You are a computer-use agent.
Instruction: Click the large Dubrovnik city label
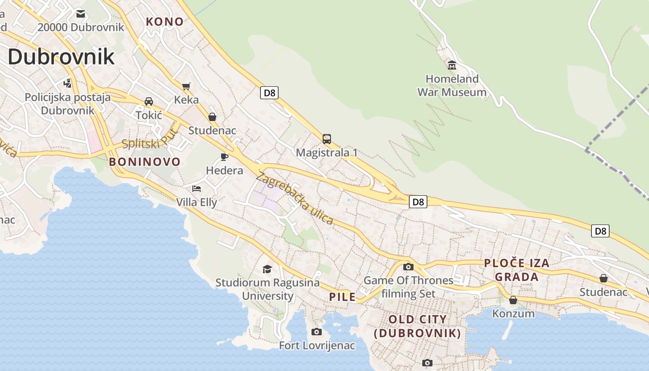[61, 57]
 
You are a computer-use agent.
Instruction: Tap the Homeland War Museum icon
[452, 65]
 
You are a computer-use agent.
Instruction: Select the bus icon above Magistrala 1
[327, 139]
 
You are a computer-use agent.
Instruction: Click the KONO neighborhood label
[165, 21]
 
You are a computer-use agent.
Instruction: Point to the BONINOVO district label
[145, 162]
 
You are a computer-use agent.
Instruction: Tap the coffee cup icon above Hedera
[224, 157]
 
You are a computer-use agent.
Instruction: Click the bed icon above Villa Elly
[197, 188]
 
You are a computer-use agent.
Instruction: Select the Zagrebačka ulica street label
[295, 198]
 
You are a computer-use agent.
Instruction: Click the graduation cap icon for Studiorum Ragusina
[267, 269]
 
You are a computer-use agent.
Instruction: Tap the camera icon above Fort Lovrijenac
[317, 332]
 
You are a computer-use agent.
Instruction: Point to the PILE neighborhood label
[343, 297]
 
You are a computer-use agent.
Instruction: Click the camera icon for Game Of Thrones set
[408, 267]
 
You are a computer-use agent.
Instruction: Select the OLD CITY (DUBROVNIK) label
[417, 326]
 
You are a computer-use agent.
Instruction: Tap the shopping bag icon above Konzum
[513, 300]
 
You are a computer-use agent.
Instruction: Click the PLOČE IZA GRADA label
[517, 270]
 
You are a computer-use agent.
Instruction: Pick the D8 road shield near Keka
[269, 93]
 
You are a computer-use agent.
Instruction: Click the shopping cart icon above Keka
[186, 86]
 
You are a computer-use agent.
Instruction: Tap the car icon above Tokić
[149, 101]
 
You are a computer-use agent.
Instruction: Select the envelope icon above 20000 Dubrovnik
[81, 13]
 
